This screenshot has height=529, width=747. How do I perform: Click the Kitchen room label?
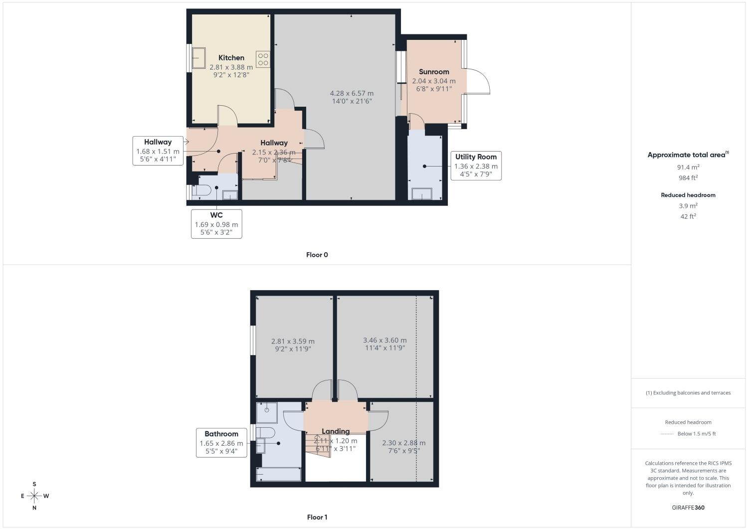click(x=231, y=58)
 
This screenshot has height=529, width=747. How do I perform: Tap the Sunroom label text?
click(x=434, y=72)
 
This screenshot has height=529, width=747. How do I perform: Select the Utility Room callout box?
click(x=476, y=166)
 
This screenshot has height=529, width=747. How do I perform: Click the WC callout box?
click(x=216, y=224)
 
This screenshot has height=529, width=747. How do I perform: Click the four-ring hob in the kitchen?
click(x=263, y=59)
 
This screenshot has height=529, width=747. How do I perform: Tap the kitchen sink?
click(x=199, y=58)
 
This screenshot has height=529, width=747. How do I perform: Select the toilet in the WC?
click(x=201, y=190)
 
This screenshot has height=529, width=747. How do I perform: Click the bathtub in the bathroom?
click(x=278, y=474)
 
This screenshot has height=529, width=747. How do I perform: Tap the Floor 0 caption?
click(x=317, y=255)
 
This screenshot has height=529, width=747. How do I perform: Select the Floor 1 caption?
click(x=317, y=517)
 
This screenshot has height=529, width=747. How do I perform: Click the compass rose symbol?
click(x=34, y=496)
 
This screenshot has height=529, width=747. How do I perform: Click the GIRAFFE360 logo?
click(x=688, y=508)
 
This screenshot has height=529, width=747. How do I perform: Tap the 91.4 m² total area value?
click(x=688, y=167)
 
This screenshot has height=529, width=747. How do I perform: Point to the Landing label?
click(x=336, y=431)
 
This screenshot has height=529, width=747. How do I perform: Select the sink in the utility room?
click(x=422, y=193)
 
